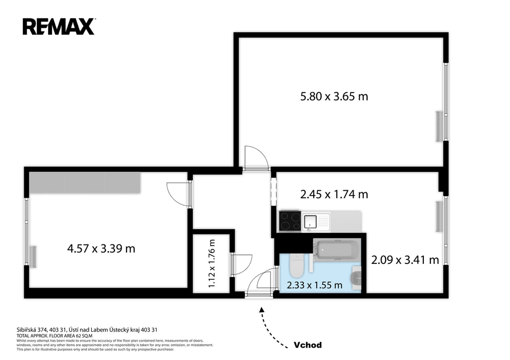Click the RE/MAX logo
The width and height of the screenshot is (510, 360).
point(59,26)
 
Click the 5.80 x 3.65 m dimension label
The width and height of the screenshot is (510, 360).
point(334,97)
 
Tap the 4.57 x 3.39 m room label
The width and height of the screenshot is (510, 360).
point(101,249)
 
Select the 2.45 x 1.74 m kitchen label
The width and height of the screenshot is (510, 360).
point(334,195)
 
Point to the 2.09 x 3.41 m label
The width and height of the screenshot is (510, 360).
point(405,260)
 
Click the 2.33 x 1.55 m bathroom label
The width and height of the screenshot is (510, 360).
point(315,285)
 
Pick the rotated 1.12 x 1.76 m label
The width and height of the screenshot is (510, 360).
point(212,263)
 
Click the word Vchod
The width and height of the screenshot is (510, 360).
point(308,345)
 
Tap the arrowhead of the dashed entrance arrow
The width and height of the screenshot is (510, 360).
point(261,309)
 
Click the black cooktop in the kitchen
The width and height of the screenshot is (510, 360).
point(290,221)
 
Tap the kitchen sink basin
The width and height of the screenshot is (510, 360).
point(310,222)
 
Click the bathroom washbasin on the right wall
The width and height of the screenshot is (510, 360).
point(356,278)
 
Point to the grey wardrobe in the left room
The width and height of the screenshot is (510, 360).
point(85,182)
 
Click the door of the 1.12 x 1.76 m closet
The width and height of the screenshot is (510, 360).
point(242,265)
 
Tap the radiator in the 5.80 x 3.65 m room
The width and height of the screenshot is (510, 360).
point(439,126)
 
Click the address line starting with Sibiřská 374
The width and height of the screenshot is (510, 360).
point(87,330)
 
